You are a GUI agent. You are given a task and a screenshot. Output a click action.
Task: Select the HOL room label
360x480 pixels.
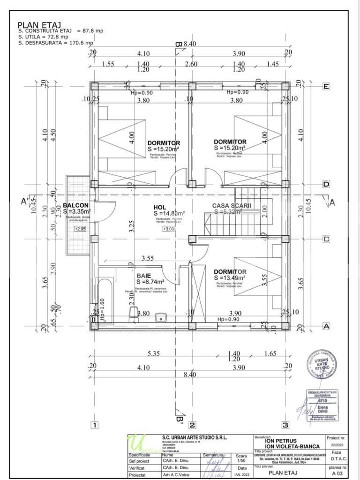point(160,207)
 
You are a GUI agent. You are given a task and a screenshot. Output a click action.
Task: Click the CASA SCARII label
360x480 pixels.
point(232,206)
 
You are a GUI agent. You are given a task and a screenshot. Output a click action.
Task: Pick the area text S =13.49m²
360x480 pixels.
point(230,277)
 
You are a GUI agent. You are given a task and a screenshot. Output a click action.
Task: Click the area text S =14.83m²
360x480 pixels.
point(168,213)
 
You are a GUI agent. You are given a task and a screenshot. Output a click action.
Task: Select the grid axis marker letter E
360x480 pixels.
point(326,86)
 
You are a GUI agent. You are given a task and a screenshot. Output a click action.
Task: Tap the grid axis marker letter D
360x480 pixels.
point(326,184)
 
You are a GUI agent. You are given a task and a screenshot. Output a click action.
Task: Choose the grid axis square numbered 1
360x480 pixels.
point(94,426)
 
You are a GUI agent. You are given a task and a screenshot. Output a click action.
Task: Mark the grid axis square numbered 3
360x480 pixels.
point(285,426)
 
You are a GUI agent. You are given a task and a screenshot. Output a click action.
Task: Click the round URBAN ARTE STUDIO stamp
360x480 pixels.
point(322,364)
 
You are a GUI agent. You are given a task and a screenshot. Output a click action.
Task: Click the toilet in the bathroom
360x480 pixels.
point(133,311)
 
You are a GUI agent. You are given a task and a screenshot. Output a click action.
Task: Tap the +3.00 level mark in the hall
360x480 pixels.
point(168,229)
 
